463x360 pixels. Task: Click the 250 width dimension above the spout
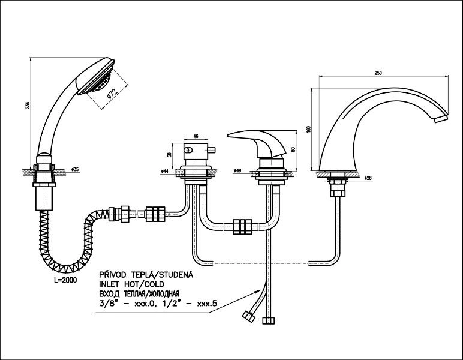point(378,73)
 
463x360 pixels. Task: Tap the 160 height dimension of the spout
point(308,130)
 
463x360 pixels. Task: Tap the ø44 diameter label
point(164,172)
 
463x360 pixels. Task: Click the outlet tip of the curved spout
point(442,119)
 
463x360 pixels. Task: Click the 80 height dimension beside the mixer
point(292,149)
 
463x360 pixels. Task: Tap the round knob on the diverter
point(187,150)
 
